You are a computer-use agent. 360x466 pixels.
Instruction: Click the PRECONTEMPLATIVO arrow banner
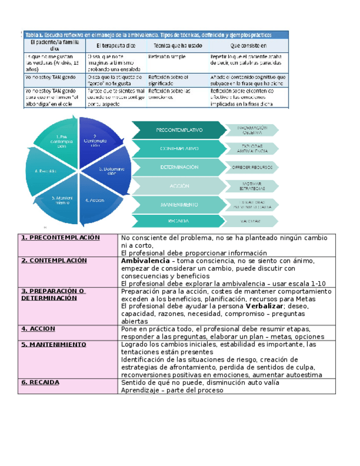pos(179,130)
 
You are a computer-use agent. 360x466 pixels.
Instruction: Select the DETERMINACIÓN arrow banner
pos(179,167)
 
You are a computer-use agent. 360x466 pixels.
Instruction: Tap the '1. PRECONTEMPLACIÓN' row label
pos(60,238)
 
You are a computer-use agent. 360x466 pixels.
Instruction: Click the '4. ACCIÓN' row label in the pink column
pos(38,329)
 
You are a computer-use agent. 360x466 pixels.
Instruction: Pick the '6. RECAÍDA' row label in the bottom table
pos(40,382)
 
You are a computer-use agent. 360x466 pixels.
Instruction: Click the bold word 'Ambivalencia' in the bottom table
pos(145,261)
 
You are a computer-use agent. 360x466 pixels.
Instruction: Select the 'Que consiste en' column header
pos(248,46)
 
